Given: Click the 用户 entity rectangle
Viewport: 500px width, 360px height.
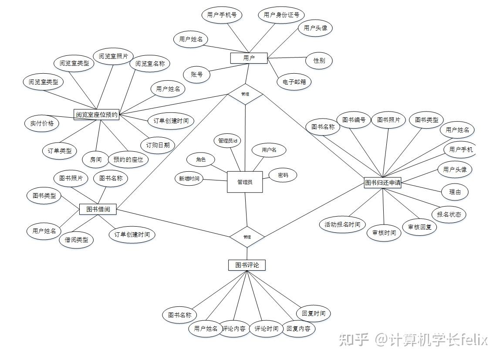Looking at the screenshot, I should click(249, 58).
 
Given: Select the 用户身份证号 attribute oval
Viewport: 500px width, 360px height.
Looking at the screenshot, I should click(281, 15).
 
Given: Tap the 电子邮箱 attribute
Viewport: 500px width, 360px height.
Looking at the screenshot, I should click(294, 82).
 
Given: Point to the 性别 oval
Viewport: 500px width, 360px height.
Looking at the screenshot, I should click(319, 61).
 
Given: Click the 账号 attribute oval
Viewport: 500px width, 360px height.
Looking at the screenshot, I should click(197, 75).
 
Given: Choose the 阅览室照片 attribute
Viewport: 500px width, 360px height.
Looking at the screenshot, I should click(113, 56).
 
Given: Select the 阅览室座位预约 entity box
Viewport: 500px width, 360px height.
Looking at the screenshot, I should click(96, 115).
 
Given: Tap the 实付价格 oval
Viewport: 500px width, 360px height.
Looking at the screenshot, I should click(42, 123).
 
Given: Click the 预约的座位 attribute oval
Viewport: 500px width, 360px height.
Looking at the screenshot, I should click(128, 160).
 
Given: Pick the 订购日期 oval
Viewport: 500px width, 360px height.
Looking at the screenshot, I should click(155, 145).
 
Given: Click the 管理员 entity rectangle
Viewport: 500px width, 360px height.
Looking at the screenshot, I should click(245, 182).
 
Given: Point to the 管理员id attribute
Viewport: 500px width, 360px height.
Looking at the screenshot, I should click(227, 141).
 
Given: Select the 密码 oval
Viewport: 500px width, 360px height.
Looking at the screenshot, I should click(283, 175).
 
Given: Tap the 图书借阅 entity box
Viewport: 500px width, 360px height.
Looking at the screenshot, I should click(98, 210).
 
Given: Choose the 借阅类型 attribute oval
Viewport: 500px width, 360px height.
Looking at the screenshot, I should click(76, 240).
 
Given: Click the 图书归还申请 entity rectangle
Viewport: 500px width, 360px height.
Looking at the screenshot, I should click(382, 183).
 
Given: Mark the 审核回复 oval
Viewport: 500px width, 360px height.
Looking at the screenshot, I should click(419, 227).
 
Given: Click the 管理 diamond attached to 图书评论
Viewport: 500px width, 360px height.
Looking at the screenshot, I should click(247, 237).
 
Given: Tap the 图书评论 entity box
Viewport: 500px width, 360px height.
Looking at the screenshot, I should click(247, 265).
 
